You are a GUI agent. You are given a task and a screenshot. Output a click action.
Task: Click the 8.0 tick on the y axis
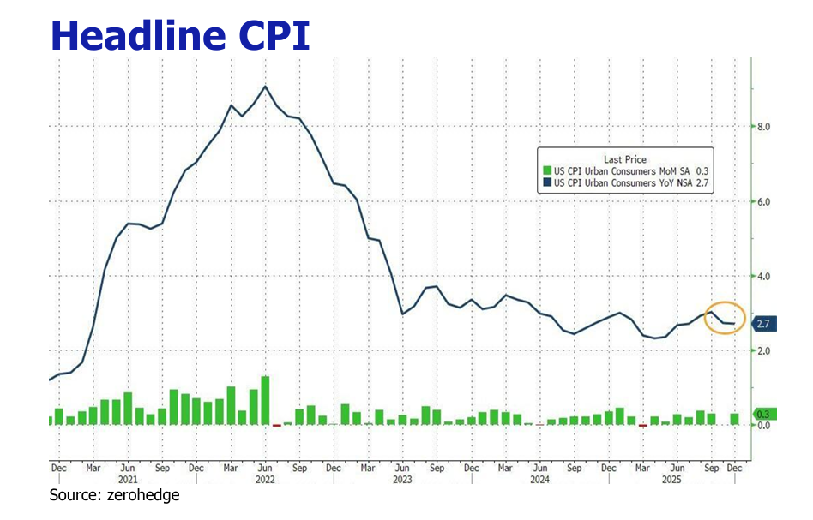coord(762,127)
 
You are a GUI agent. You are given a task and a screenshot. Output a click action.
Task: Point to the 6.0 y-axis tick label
coord(762,201)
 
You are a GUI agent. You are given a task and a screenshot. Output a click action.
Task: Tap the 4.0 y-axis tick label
coord(762,276)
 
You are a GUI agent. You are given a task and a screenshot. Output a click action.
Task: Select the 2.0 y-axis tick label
coord(762,350)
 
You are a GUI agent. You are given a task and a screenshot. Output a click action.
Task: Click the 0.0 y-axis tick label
coord(762,426)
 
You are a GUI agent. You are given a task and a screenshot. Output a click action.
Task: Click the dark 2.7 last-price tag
coord(762,324)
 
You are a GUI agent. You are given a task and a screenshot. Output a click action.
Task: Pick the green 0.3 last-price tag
coord(762,415)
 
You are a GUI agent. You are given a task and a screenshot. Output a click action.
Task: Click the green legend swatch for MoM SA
coord(546,171)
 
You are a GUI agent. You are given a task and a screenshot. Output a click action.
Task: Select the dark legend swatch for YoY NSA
coord(546,182)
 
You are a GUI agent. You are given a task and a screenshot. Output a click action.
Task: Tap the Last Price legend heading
coord(625,159)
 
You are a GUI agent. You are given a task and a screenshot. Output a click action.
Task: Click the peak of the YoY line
coord(265,86)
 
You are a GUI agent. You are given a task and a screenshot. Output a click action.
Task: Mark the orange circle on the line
coord(725,318)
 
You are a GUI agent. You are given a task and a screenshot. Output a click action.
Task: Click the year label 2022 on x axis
coord(266,481)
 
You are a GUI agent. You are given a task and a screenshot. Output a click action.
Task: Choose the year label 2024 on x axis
coord(539,481)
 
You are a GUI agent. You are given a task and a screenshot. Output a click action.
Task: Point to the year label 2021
coord(128,481)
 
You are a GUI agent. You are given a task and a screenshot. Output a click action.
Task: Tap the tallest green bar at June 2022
coord(265,400)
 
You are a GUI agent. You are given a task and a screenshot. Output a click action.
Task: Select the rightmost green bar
coord(734,419)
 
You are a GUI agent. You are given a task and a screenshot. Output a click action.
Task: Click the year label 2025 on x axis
coord(677,481)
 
